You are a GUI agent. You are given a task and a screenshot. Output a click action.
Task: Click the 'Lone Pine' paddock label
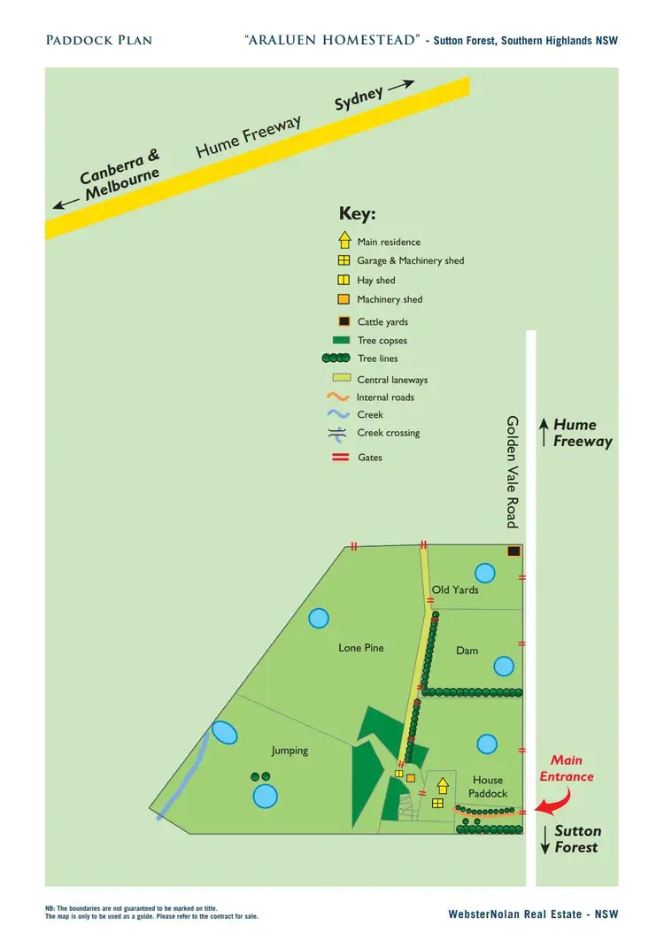pos(361,648)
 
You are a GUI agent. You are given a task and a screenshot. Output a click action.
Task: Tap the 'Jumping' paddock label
pos(290,751)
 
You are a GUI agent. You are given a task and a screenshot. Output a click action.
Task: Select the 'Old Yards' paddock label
pos(455,589)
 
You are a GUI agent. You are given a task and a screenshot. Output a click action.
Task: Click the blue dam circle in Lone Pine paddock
pos(319,618)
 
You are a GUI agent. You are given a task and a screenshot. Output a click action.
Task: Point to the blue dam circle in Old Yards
pos(484,573)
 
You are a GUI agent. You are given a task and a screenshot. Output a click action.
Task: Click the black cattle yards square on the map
pos(513,551)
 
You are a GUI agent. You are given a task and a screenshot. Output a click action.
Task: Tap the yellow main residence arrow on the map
pos(443,785)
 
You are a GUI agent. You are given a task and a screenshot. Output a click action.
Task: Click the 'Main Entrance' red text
pos(567,768)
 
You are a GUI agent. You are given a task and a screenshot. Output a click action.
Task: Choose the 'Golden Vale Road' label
pos(512,471)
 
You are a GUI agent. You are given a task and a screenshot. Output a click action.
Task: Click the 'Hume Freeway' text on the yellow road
pos(249,136)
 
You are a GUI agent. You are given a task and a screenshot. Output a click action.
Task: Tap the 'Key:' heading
pos(358,214)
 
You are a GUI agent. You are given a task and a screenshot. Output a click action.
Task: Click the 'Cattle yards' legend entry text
pos(382,322)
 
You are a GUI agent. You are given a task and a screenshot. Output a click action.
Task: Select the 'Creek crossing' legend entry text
pos(388,433)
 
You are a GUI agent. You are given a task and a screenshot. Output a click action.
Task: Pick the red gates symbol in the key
pos(341,457)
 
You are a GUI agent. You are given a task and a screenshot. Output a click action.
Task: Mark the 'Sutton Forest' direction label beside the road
pos(577,839)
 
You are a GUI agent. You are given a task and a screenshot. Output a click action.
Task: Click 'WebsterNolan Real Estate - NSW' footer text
pos(533,913)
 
